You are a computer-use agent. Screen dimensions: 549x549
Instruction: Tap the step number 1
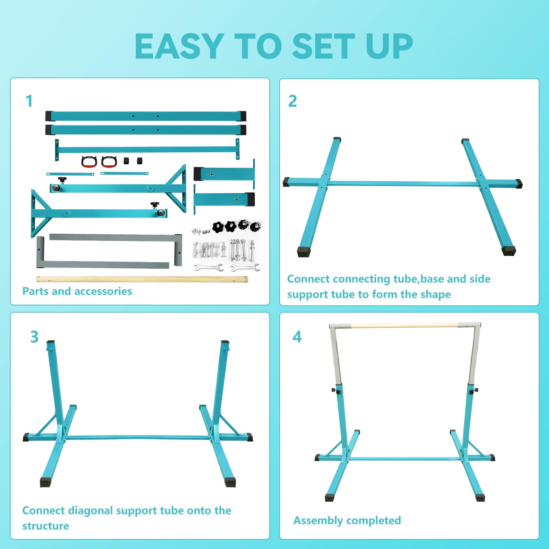[29, 101]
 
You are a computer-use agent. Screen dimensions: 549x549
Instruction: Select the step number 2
[292, 101]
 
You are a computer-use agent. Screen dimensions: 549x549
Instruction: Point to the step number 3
[34, 337]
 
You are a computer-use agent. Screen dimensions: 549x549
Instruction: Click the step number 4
[297, 337]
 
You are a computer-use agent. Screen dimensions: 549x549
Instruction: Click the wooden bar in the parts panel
[142, 279]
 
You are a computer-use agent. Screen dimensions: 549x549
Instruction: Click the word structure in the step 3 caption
[46, 526]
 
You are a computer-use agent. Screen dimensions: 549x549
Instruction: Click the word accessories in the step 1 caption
[104, 291]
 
